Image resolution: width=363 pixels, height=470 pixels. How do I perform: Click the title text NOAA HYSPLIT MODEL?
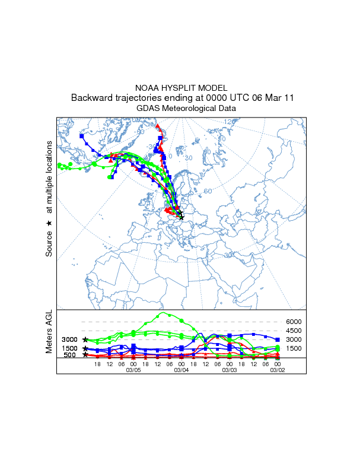[181, 88]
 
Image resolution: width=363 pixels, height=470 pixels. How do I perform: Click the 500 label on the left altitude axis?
[69, 355]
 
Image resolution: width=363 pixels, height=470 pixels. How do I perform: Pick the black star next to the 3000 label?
[85, 339]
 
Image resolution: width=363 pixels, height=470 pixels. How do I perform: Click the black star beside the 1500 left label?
[85, 348]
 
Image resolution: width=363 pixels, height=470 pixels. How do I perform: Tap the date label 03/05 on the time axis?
[133, 370]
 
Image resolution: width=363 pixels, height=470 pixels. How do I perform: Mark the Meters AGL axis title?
[49, 331]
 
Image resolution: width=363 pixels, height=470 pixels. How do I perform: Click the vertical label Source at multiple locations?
[49, 199]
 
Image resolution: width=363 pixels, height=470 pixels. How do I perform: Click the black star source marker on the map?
[181, 217]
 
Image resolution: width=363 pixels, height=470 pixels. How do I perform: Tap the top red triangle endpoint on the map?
[157, 126]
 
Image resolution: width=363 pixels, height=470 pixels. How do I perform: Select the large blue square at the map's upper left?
[82, 136]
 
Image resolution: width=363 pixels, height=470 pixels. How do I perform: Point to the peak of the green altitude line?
[163, 313]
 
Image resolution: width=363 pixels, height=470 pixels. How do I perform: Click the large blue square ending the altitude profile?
[278, 339]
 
